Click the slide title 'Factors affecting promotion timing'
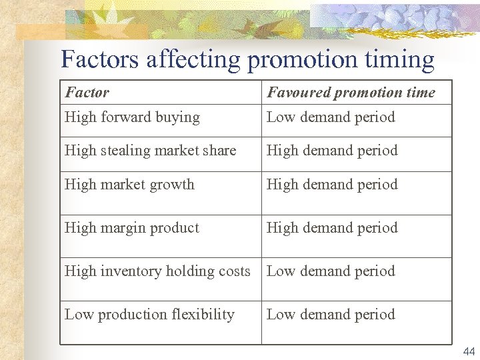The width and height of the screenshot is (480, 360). pyautogui.click(x=247, y=60)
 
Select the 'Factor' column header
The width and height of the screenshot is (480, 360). pyautogui.click(x=87, y=93)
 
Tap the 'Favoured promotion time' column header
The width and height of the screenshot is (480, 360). pyautogui.click(x=351, y=93)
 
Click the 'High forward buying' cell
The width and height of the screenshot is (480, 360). pyautogui.click(x=132, y=117)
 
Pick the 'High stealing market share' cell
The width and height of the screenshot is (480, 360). pyautogui.click(x=150, y=151)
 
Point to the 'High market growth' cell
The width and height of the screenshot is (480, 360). pyautogui.click(x=129, y=185)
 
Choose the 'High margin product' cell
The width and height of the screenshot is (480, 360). pyautogui.click(x=132, y=228)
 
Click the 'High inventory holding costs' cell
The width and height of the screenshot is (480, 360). pyautogui.click(x=157, y=271)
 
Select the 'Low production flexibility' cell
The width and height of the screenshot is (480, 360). pyautogui.click(x=149, y=315)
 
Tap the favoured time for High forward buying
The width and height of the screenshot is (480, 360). pyautogui.click(x=331, y=117)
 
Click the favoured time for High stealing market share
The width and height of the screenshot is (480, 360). pyautogui.click(x=332, y=151)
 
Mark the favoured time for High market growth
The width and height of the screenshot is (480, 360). pyautogui.click(x=332, y=185)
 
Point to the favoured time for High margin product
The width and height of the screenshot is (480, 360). pyautogui.click(x=332, y=228)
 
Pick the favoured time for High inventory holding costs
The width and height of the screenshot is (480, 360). pyautogui.click(x=331, y=271)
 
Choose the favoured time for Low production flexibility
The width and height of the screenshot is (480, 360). pyautogui.click(x=331, y=315)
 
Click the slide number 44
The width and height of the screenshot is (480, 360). pyautogui.click(x=468, y=352)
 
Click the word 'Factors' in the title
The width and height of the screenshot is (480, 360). pyautogui.click(x=100, y=60)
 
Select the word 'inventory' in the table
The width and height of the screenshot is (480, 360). pyautogui.click(x=130, y=272)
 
